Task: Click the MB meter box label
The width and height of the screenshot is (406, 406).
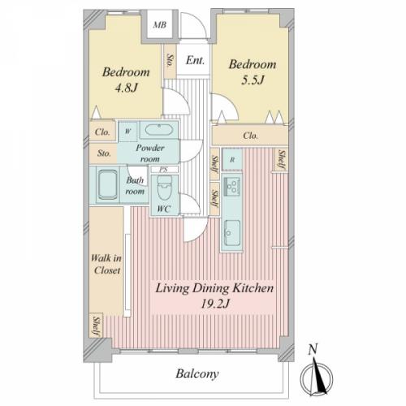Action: tap(159, 25)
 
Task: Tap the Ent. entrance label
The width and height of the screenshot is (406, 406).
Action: tap(195, 60)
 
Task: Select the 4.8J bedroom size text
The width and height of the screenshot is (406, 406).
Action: tap(127, 88)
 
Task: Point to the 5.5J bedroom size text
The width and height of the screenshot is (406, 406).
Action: tap(253, 80)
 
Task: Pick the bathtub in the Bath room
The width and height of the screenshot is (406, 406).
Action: tap(107, 184)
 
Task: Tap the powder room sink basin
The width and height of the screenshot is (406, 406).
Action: tap(158, 130)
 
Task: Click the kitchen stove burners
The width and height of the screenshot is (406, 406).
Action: tap(231, 185)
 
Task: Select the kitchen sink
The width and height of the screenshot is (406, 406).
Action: tap(232, 232)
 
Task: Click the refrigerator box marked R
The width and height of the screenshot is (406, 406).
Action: tap(232, 160)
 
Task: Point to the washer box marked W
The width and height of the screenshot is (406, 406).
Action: tap(127, 132)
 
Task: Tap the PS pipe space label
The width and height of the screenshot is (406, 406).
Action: tap(163, 170)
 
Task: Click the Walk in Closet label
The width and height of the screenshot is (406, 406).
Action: tap(106, 264)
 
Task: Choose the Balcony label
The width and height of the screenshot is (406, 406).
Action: tap(197, 374)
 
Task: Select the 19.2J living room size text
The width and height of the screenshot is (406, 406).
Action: tap(215, 304)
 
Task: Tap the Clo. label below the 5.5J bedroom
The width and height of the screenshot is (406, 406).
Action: tap(250, 136)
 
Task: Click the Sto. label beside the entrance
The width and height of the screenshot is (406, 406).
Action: tap(170, 61)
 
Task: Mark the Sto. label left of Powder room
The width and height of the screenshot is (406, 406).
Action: tap(104, 153)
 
